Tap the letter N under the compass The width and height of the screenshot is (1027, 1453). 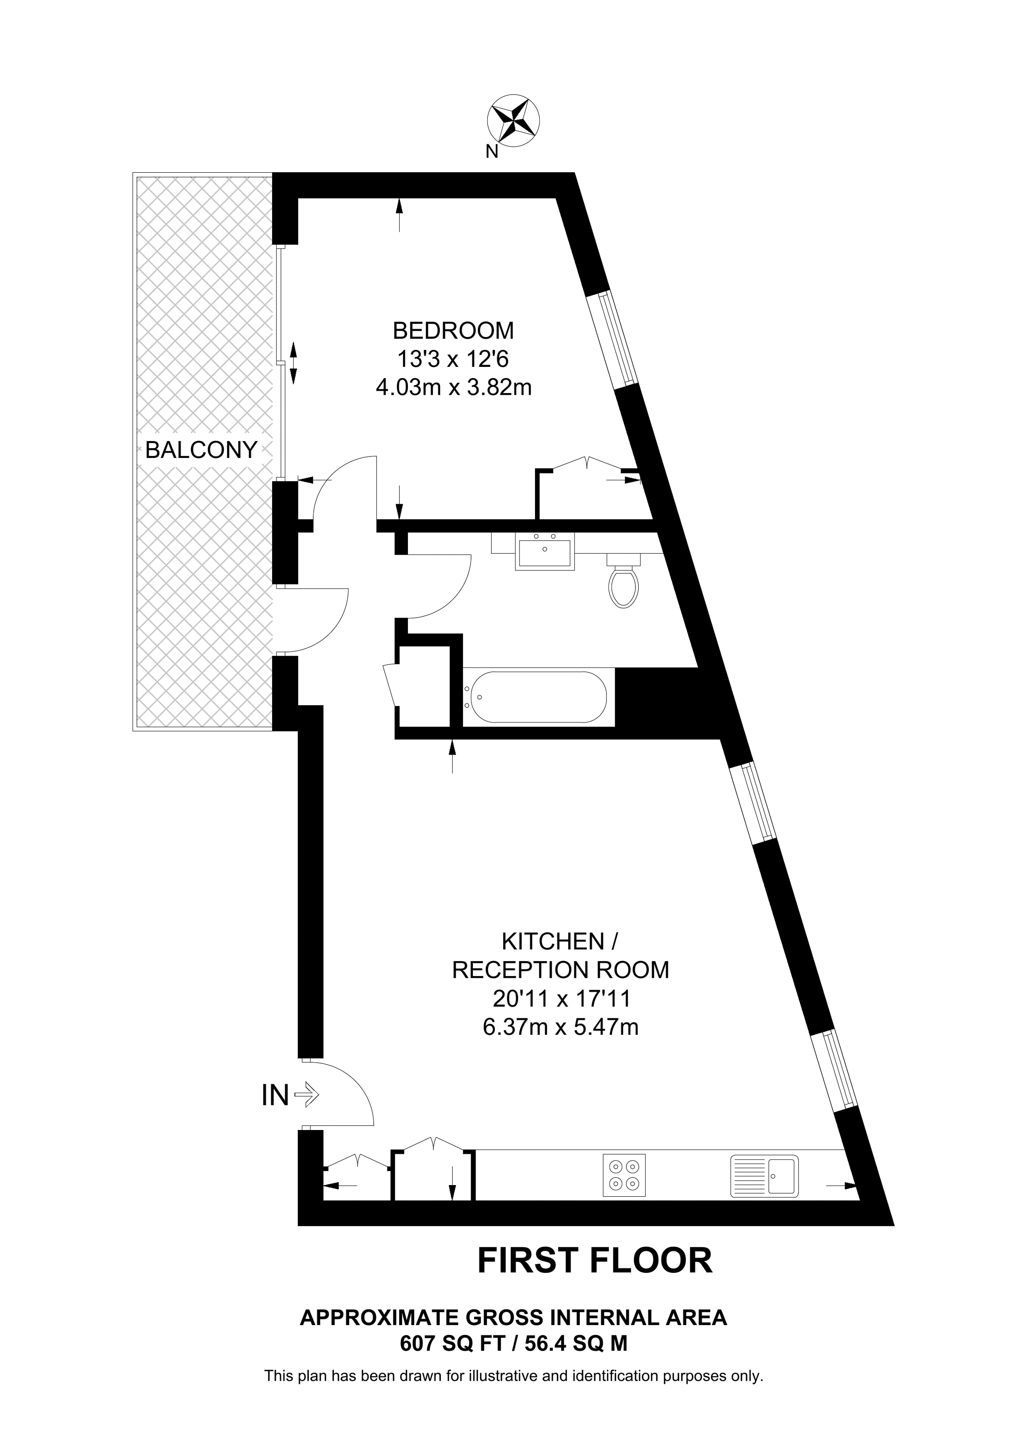(x=491, y=152)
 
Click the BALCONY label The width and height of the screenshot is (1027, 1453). (x=201, y=450)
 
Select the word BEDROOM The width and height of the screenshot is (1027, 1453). (x=453, y=330)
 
